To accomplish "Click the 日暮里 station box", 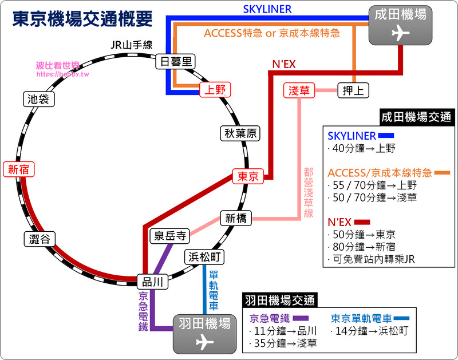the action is coord(176,61).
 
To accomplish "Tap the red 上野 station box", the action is coord(215,90).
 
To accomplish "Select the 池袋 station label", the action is coord(39,99).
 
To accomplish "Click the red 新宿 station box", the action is coord(19,169).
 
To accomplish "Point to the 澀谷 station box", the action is coord(40,239).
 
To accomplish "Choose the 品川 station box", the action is coord(152,282).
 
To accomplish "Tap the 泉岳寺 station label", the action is coord(169,236).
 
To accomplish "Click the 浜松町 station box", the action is coord(204,257).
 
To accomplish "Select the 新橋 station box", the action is coord(236,218).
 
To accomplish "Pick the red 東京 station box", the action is coord(248,176).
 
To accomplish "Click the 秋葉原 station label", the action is coord(240,133).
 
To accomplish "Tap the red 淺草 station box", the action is coord(299,90).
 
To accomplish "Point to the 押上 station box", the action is coord(353,90).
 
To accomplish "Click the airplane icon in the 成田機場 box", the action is coord(400,33).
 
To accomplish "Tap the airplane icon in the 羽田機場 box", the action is coord(205,342).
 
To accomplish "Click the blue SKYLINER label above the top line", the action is coord(267,9).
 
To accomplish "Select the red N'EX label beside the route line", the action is coord(284,64).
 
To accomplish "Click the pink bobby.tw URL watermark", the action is coord(62,74).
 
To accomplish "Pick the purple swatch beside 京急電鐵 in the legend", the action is coord(301,318).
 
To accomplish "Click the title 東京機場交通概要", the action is coord(82,19).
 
